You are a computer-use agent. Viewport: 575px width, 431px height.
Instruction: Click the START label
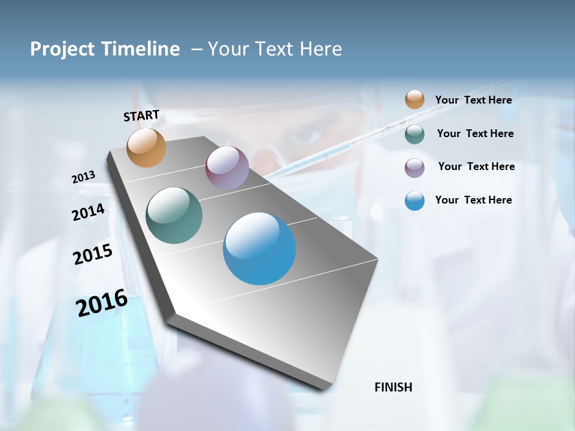tap(141, 116)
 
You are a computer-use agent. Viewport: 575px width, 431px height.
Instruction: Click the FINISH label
tap(394, 387)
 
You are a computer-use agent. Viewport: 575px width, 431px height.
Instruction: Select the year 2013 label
tap(84, 177)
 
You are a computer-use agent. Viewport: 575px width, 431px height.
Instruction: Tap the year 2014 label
tap(89, 212)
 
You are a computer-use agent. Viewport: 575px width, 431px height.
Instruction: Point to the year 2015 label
tap(93, 254)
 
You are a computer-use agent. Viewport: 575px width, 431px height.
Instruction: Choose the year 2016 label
tap(102, 302)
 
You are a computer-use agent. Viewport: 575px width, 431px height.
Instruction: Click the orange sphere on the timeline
tap(147, 147)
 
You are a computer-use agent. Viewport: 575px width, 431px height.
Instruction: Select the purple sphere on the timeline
tap(227, 167)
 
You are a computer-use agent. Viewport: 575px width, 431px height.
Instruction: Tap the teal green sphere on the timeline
tap(174, 215)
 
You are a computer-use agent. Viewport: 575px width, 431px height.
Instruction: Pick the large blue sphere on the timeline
tap(259, 248)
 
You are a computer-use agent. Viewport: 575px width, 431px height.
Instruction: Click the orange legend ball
tap(414, 100)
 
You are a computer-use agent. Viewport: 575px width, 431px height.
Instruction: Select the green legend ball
tap(414, 134)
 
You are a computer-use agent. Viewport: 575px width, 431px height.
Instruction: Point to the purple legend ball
tap(414, 168)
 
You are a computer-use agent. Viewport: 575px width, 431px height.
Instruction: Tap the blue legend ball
tap(414, 201)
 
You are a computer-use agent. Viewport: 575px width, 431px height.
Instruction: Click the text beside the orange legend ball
tap(473, 101)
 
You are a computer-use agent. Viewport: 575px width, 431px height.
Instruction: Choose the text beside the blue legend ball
tap(473, 200)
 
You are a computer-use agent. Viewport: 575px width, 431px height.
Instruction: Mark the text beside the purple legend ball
tap(476, 166)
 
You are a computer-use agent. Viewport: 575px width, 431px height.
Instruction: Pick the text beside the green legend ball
tap(475, 133)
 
